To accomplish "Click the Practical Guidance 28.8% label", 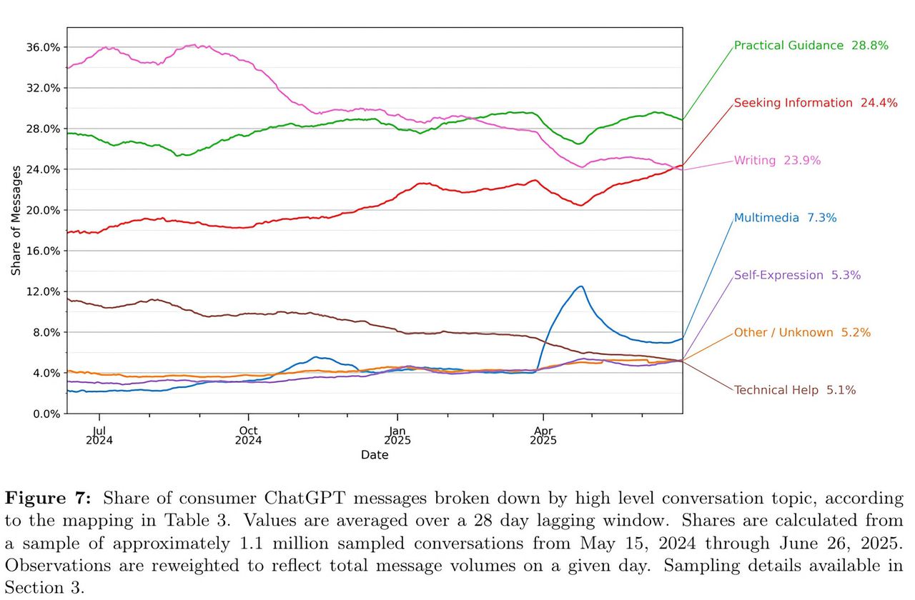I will pyautogui.click(x=811, y=46).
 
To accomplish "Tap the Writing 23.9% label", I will pyautogui.click(x=777, y=161).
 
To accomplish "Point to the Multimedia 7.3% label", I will pyautogui.click(x=785, y=218).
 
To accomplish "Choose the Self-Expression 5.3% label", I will pyautogui.click(x=797, y=275).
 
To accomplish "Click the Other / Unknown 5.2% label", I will pyautogui.click(x=802, y=332).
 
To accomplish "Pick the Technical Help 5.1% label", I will pyautogui.click(x=795, y=390).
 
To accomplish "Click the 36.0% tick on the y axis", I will pyautogui.click(x=44, y=47).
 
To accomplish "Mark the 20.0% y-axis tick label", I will pyautogui.click(x=44, y=210).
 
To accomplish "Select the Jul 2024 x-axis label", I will pyautogui.click(x=99, y=435).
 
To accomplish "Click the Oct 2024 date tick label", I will pyautogui.click(x=248, y=435).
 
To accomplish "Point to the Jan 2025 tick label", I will pyautogui.click(x=397, y=435).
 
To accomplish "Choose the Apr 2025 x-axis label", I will pyautogui.click(x=543, y=435).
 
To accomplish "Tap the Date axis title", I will pyautogui.click(x=375, y=455).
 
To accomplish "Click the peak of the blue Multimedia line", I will pyautogui.click(x=581, y=286).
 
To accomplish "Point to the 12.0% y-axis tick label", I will pyautogui.click(x=44, y=291).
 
